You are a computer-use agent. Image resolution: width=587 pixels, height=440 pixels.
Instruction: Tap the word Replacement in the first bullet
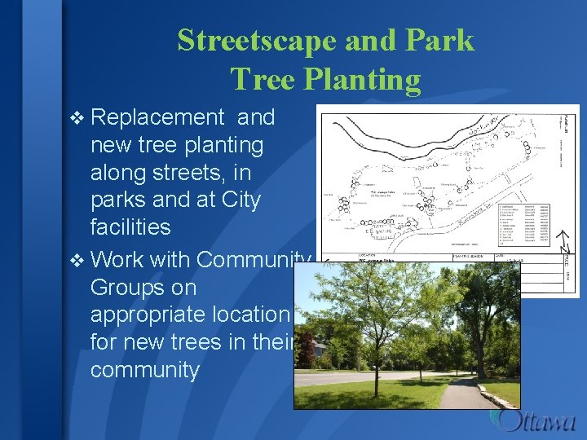(x=157, y=117)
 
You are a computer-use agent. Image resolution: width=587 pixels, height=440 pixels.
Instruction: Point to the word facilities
(x=130, y=226)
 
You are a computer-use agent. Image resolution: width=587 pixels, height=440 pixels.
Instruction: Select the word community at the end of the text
(x=144, y=370)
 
